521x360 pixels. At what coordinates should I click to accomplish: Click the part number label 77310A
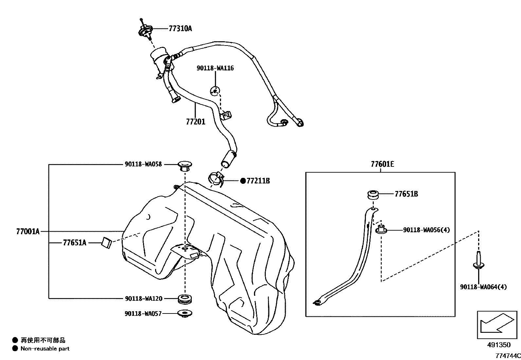coord(180,28)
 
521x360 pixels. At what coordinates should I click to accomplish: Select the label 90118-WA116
coord(215,68)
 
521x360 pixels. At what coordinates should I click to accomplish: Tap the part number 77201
coord(195,122)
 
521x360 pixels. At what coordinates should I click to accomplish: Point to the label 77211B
coord(258,181)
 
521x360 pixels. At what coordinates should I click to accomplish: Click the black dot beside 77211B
coord(243,181)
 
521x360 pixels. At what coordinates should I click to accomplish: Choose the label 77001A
coord(27,232)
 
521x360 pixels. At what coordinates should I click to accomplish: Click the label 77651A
coord(75,243)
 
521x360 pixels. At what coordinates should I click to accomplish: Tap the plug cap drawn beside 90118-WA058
coord(185,166)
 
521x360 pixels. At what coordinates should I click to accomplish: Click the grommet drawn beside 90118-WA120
coord(185,299)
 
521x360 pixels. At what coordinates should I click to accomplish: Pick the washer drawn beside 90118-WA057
coord(185,313)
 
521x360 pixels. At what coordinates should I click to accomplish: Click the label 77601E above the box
coord(382,164)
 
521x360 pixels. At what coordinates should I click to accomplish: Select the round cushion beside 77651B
coord(373,195)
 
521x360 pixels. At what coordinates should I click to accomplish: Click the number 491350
coord(498,345)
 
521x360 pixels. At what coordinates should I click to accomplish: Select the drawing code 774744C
coord(508,356)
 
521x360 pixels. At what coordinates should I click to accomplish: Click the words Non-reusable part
coord(45,349)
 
